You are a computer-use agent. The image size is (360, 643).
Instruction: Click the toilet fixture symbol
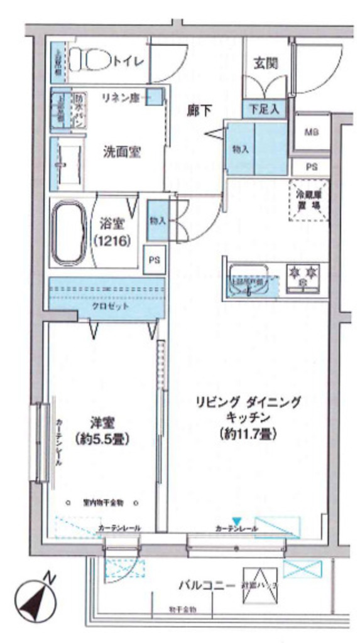tap(89, 61)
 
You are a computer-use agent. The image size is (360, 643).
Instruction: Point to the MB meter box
tap(311, 132)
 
